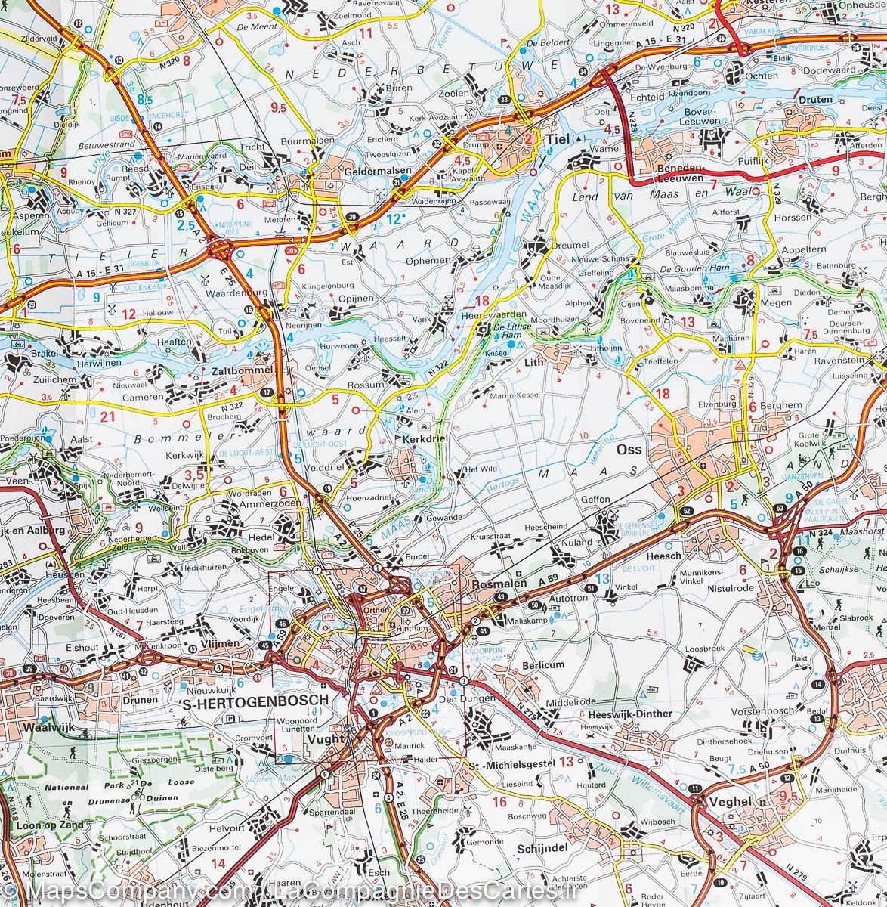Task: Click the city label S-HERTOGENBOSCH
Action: (x=256, y=700)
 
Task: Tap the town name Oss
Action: (x=629, y=449)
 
